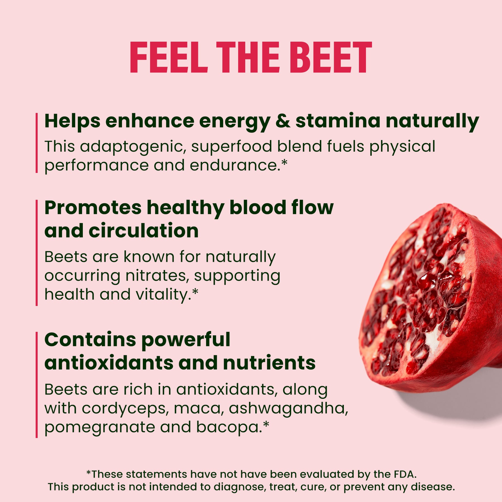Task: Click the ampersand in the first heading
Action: pos(283,121)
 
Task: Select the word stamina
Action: pos(338,121)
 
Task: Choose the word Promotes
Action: pos(93,208)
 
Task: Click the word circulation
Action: pos(144,231)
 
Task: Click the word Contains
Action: pos(90,340)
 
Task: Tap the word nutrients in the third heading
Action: pos(269,363)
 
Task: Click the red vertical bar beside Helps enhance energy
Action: pos(37,143)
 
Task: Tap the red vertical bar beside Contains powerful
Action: pos(37,385)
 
